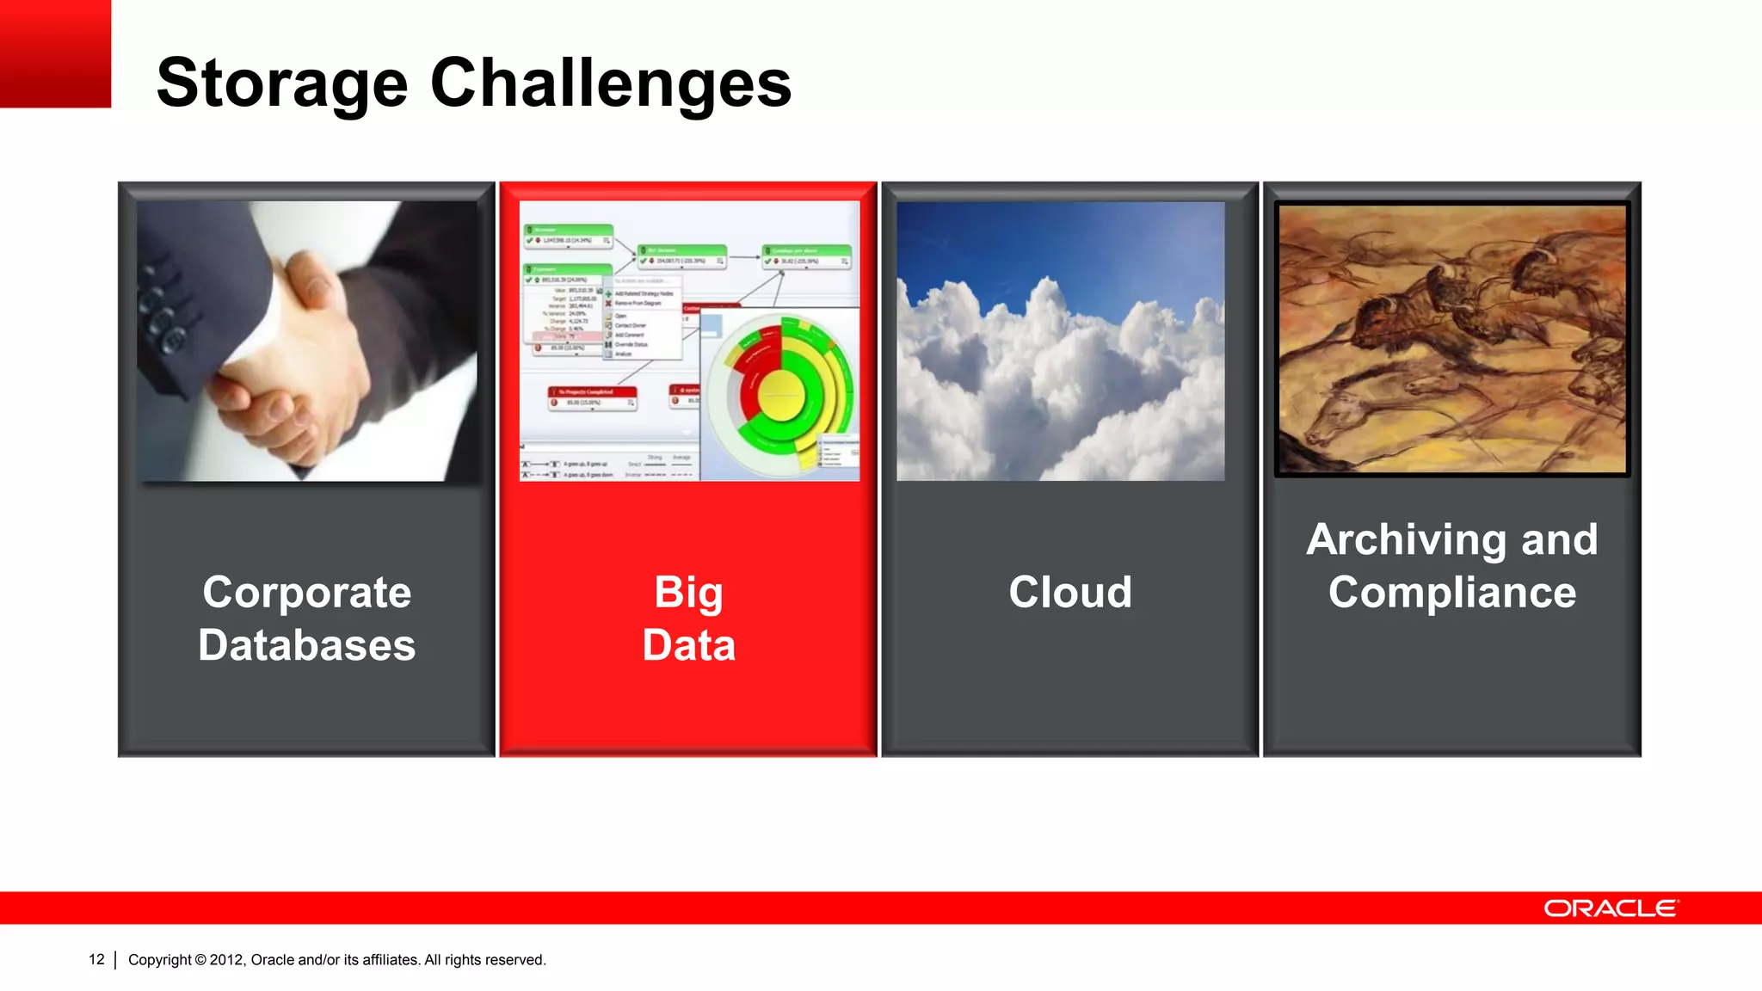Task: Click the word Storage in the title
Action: [x=281, y=83]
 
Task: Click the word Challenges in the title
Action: [x=610, y=83]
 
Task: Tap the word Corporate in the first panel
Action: [x=307, y=592]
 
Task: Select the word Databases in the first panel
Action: [x=307, y=645]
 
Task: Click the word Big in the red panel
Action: [x=688, y=592]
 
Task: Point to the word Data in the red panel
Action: [x=688, y=645]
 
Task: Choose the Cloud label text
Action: [x=1069, y=592]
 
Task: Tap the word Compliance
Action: [x=1451, y=593]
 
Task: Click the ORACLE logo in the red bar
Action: [x=1611, y=908]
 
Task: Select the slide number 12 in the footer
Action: [x=96, y=959]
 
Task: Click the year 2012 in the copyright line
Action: [x=227, y=960]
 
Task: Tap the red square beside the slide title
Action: [x=55, y=53]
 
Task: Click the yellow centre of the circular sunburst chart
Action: [x=781, y=397]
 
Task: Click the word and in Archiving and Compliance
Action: [x=1559, y=540]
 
